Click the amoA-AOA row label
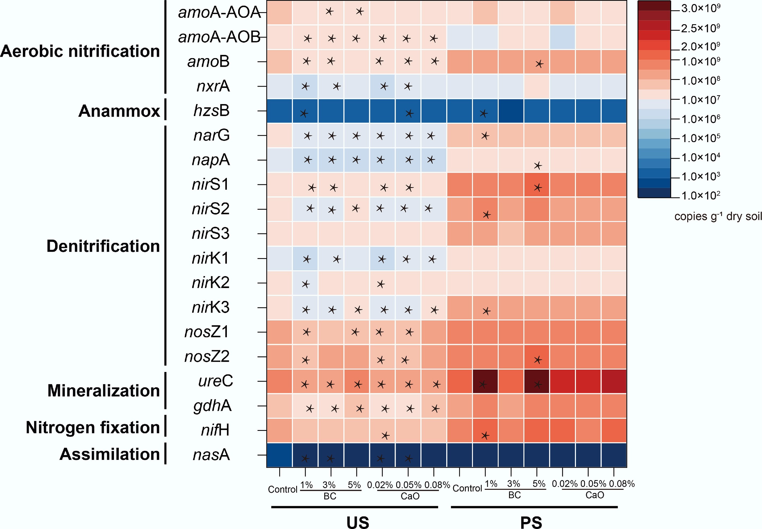coord(219,13)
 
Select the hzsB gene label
coord(211,111)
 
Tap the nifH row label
coord(215,430)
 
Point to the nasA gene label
coord(211,455)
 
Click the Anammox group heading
coord(119,111)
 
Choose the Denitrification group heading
coord(103,246)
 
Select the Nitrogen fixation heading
coord(93,427)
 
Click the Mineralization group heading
coord(103,390)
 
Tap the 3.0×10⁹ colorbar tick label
coord(700,8)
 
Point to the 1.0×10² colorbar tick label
coord(700,195)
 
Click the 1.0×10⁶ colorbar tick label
coord(700,119)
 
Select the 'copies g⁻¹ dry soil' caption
coord(718,216)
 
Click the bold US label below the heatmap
coord(358,522)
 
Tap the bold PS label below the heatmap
coord(531,522)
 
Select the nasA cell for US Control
coord(280,455)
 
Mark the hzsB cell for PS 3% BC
coord(511,111)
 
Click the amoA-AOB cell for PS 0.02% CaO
coord(562,37)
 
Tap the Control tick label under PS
coord(467,488)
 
